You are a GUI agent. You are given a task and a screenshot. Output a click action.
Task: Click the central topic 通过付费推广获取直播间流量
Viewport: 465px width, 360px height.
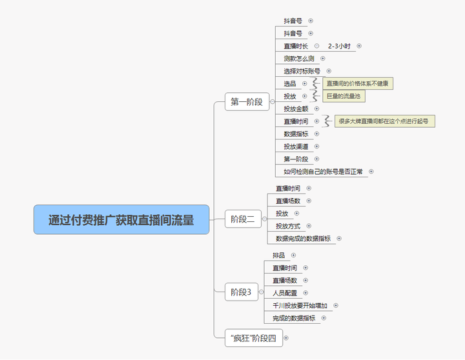coord(121,219)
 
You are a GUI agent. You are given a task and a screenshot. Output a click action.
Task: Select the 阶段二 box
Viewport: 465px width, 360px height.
coord(243,219)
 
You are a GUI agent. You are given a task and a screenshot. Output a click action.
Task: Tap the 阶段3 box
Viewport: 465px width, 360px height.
coord(242,292)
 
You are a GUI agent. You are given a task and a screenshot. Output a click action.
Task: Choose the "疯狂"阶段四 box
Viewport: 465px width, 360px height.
coord(254,338)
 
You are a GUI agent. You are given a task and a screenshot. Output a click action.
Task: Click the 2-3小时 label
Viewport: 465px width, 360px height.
coord(339,46)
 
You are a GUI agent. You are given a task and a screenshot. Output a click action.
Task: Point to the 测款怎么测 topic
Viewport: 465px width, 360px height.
coord(298,59)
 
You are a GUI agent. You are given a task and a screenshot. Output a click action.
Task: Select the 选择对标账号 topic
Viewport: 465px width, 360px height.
coord(302,71)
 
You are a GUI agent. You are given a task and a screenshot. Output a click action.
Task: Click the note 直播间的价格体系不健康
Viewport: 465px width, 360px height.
coord(358,84)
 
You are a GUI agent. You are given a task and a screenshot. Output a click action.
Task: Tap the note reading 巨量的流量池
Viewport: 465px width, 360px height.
coord(344,96)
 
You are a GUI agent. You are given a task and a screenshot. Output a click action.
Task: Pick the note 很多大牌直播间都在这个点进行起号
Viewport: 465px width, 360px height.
coord(385,121)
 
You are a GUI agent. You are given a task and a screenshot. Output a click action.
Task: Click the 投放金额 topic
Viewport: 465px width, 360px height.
coord(296,109)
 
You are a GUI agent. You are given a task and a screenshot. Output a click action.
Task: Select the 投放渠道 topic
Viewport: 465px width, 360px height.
coord(296,146)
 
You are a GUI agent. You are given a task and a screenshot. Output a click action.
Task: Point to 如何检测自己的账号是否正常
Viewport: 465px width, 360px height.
coord(323,172)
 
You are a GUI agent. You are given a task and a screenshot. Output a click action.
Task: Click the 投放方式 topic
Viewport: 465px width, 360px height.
coord(288,226)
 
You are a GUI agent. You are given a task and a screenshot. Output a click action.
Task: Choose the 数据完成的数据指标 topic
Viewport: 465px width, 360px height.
coord(303,239)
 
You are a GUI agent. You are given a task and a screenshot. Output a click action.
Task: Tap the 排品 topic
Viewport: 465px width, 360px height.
coord(279,255)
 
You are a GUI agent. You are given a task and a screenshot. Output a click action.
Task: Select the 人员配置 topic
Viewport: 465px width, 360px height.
coord(285,293)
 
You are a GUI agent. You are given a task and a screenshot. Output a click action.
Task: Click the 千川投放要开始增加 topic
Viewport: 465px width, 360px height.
coord(300,305)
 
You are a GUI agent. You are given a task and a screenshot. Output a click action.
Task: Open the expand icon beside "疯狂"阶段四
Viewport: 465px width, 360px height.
coord(286,338)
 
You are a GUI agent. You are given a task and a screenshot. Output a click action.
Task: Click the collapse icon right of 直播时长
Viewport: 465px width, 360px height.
coord(316,46)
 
